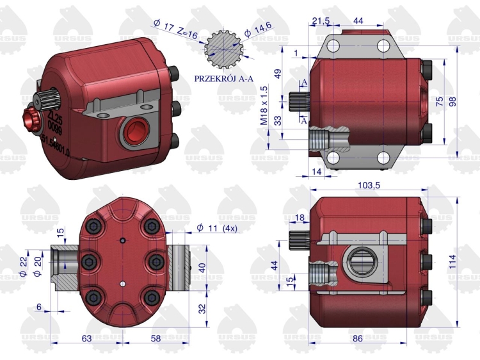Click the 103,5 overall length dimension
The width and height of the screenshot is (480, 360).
[x=367, y=185]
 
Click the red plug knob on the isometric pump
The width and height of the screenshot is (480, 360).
[x=31, y=118]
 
